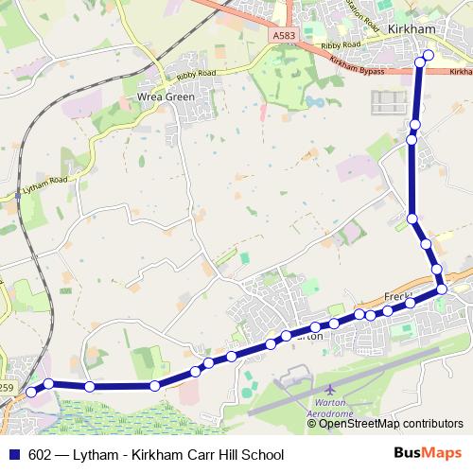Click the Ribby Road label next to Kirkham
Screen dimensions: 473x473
click(x=341, y=45)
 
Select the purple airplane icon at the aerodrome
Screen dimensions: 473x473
click(x=328, y=390)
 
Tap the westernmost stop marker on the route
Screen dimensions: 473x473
click(x=30, y=391)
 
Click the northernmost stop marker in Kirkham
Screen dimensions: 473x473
click(x=429, y=56)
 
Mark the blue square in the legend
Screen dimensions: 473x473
click(x=15, y=454)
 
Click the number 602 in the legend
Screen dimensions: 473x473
click(x=41, y=454)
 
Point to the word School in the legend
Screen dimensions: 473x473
click(x=264, y=454)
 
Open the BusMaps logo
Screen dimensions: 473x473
click(x=428, y=453)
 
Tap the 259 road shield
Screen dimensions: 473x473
click(x=6, y=387)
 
